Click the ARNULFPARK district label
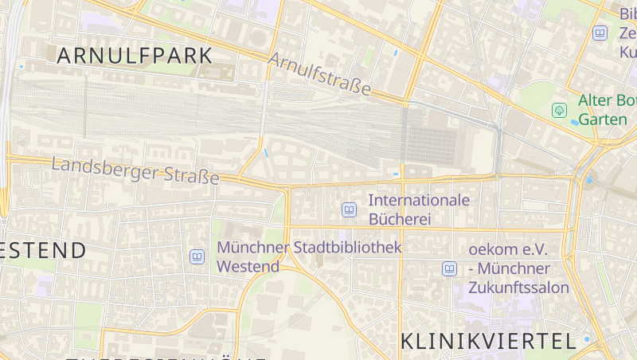pyautogui.click(x=135, y=56)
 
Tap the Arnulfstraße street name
pyautogui.click(x=320, y=75)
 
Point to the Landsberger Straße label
pyautogui.click(x=135, y=171)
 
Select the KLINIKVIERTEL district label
pyautogui.click(x=488, y=342)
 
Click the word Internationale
pyautogui.click(x=419, y=200)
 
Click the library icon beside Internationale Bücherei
pyautogui.click(x=348, y=209)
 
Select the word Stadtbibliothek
pyautogui.click(x=347, y=248)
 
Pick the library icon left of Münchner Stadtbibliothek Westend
pyautogui.click(x=197, y=256)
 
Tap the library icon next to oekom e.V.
pyautogui.click(x=449, y=268)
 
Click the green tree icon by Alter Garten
pyautogui.click(x=560, y=109)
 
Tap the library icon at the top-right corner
pyautogui.click(x=600, y=33)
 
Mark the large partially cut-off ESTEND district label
pyautogui.click(x=44, y=250)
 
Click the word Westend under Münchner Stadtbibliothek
pyautogui.click(x=248, y=266)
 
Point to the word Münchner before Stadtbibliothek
pyautogui.click(x=252, y=248)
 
